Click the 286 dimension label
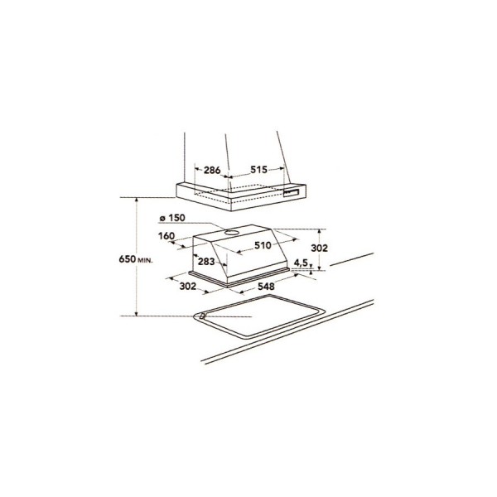[212, 170]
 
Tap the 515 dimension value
[259, 170]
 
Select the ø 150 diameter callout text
[173, 218]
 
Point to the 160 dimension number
[166, 236]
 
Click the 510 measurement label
[263, 245]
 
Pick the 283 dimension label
[206, 262]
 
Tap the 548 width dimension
[266, 287]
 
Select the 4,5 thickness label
[302, 263]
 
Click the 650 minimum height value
[128, 259]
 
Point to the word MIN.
[146, 260]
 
